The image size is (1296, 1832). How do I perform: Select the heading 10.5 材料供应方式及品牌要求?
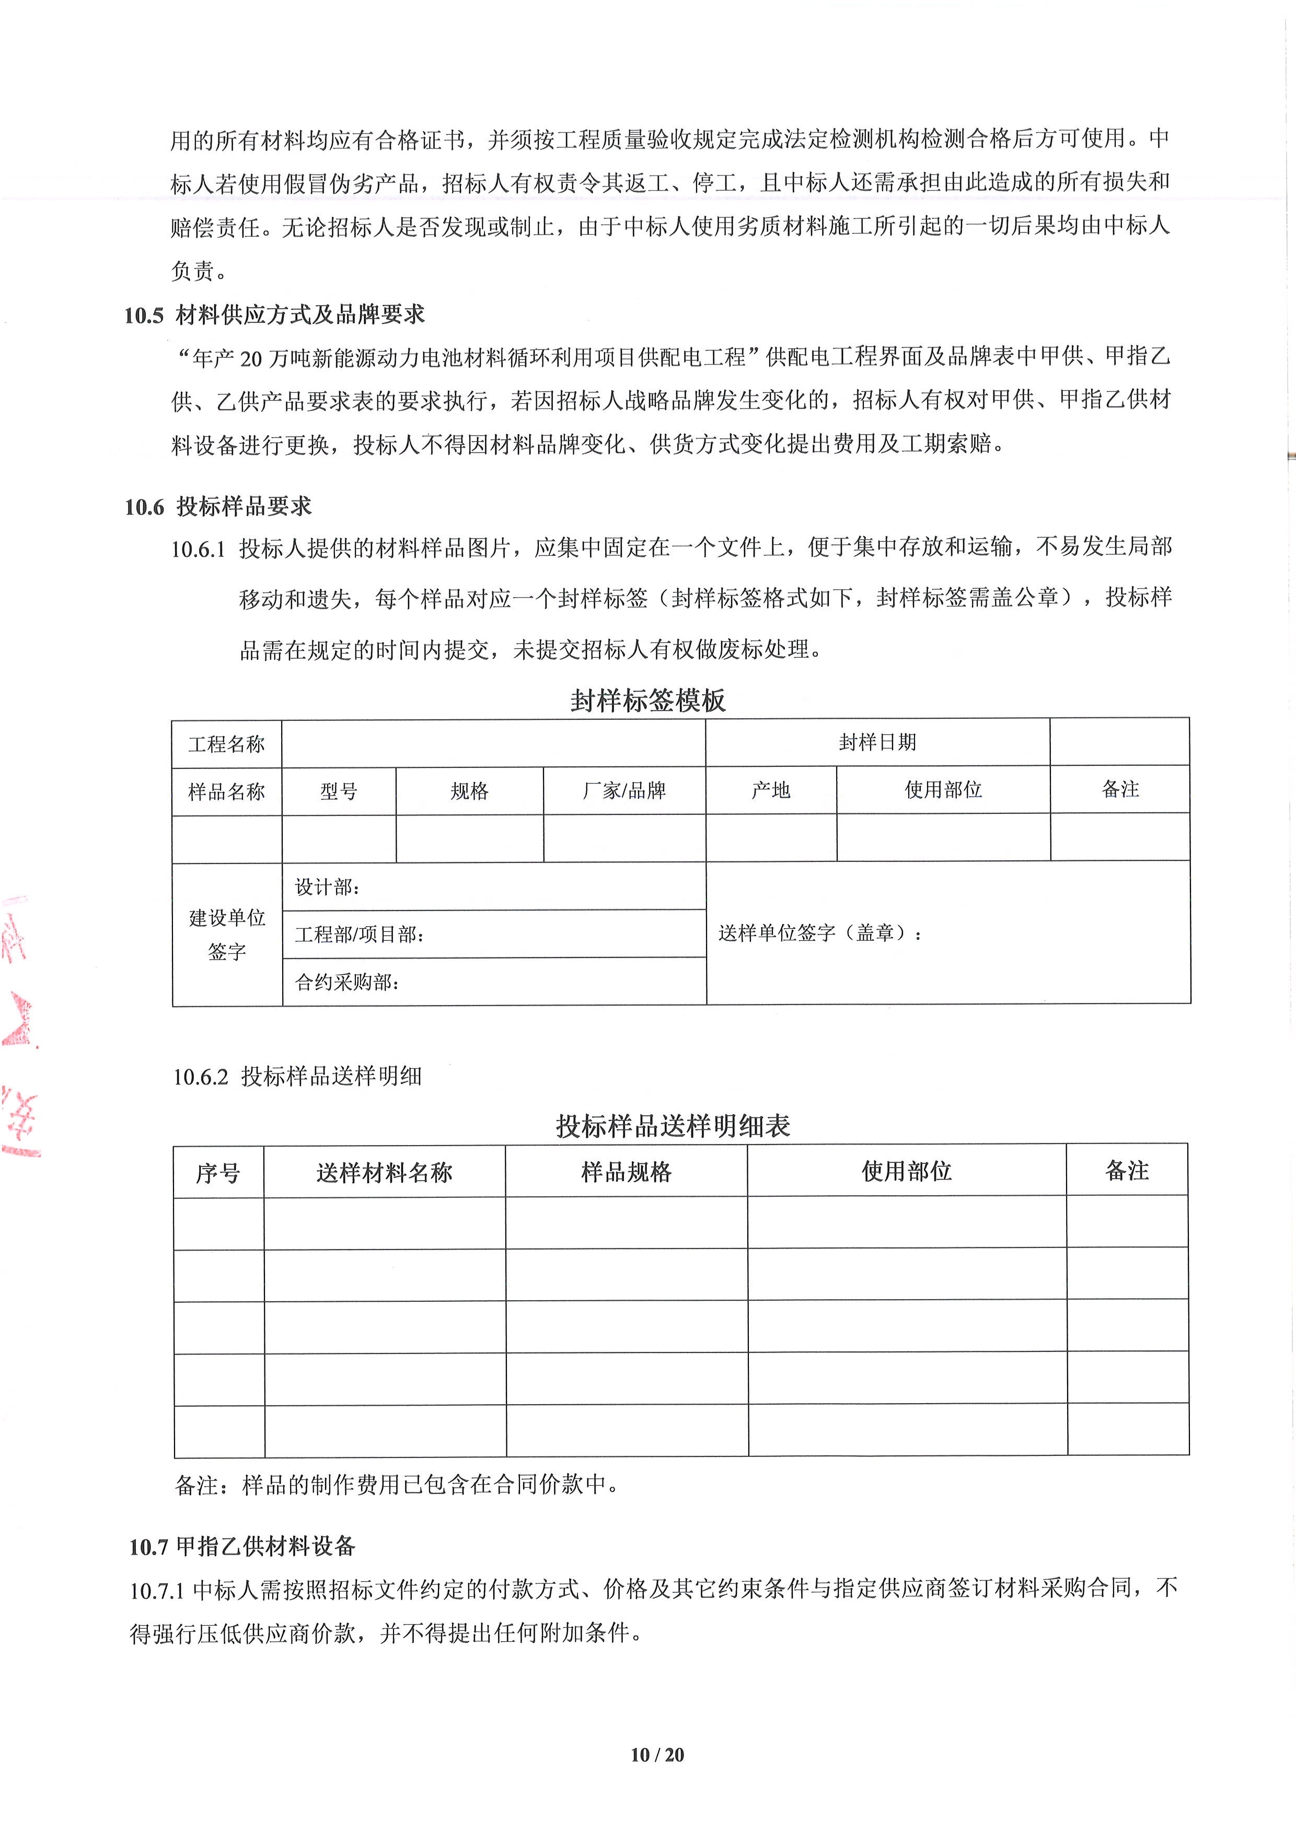coord(274,314)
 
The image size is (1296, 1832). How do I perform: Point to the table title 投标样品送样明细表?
coord(673,1126)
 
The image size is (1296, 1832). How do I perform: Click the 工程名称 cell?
coord(227,744)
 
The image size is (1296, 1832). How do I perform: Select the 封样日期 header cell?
coord(877,742)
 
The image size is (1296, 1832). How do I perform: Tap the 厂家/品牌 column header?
coord(624,791)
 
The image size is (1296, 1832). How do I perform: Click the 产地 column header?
coord(770,790)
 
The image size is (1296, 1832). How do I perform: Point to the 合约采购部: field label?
coord(347,982)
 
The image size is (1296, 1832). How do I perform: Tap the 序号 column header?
coord(218,1172)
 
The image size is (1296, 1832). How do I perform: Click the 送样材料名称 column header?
coord(384,1172)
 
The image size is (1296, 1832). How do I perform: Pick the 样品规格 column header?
coord(627,1171)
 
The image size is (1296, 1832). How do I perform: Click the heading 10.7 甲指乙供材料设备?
coord(242,1546)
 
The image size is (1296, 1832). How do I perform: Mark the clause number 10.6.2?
coord(200,1077)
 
